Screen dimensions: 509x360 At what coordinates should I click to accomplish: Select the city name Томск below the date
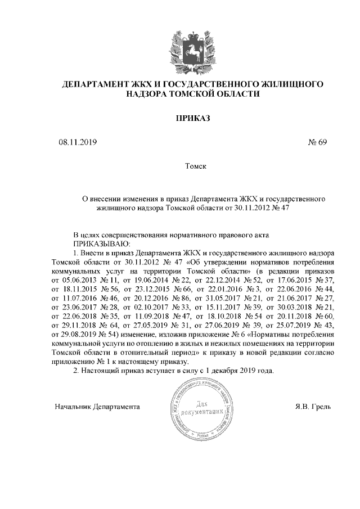click(196, 167)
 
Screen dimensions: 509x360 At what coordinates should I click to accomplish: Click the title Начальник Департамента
click(97, 406)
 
